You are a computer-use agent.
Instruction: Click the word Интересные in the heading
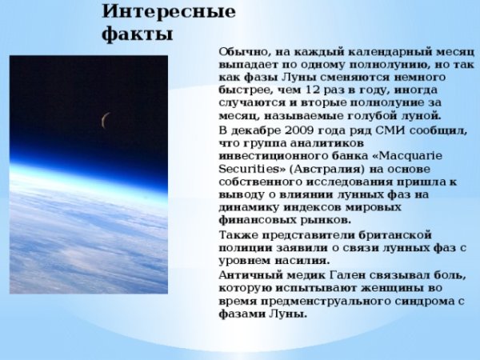coord(168,13)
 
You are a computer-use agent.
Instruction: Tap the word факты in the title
coord(138,35)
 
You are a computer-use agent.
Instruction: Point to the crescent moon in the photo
coord(105,120)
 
